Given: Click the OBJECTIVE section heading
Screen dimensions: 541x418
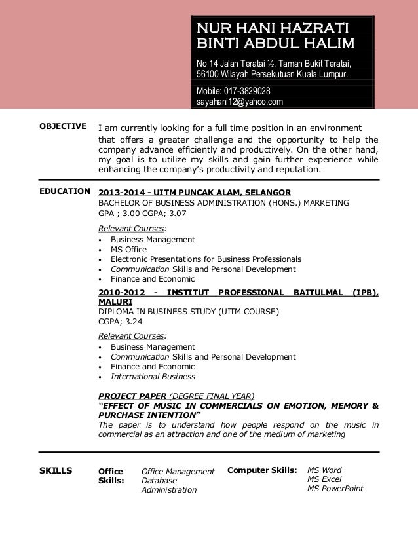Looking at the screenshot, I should point(63,126).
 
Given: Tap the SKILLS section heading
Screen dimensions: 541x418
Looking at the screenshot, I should point(56,471).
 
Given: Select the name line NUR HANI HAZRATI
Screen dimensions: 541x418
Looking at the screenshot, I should point(274,28).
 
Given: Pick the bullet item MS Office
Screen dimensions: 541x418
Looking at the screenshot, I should point(128,250).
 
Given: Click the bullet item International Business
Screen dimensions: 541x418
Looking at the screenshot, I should point(153,377).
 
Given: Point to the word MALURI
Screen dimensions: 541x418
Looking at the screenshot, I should point(115,302).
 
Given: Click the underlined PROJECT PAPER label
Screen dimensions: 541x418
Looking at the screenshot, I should point(132,396).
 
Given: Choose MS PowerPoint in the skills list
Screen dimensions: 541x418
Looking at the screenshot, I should point(335,489).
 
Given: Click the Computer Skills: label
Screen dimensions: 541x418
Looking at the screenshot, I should point(262,470).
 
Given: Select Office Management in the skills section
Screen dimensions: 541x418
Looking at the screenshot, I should point(178,472).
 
